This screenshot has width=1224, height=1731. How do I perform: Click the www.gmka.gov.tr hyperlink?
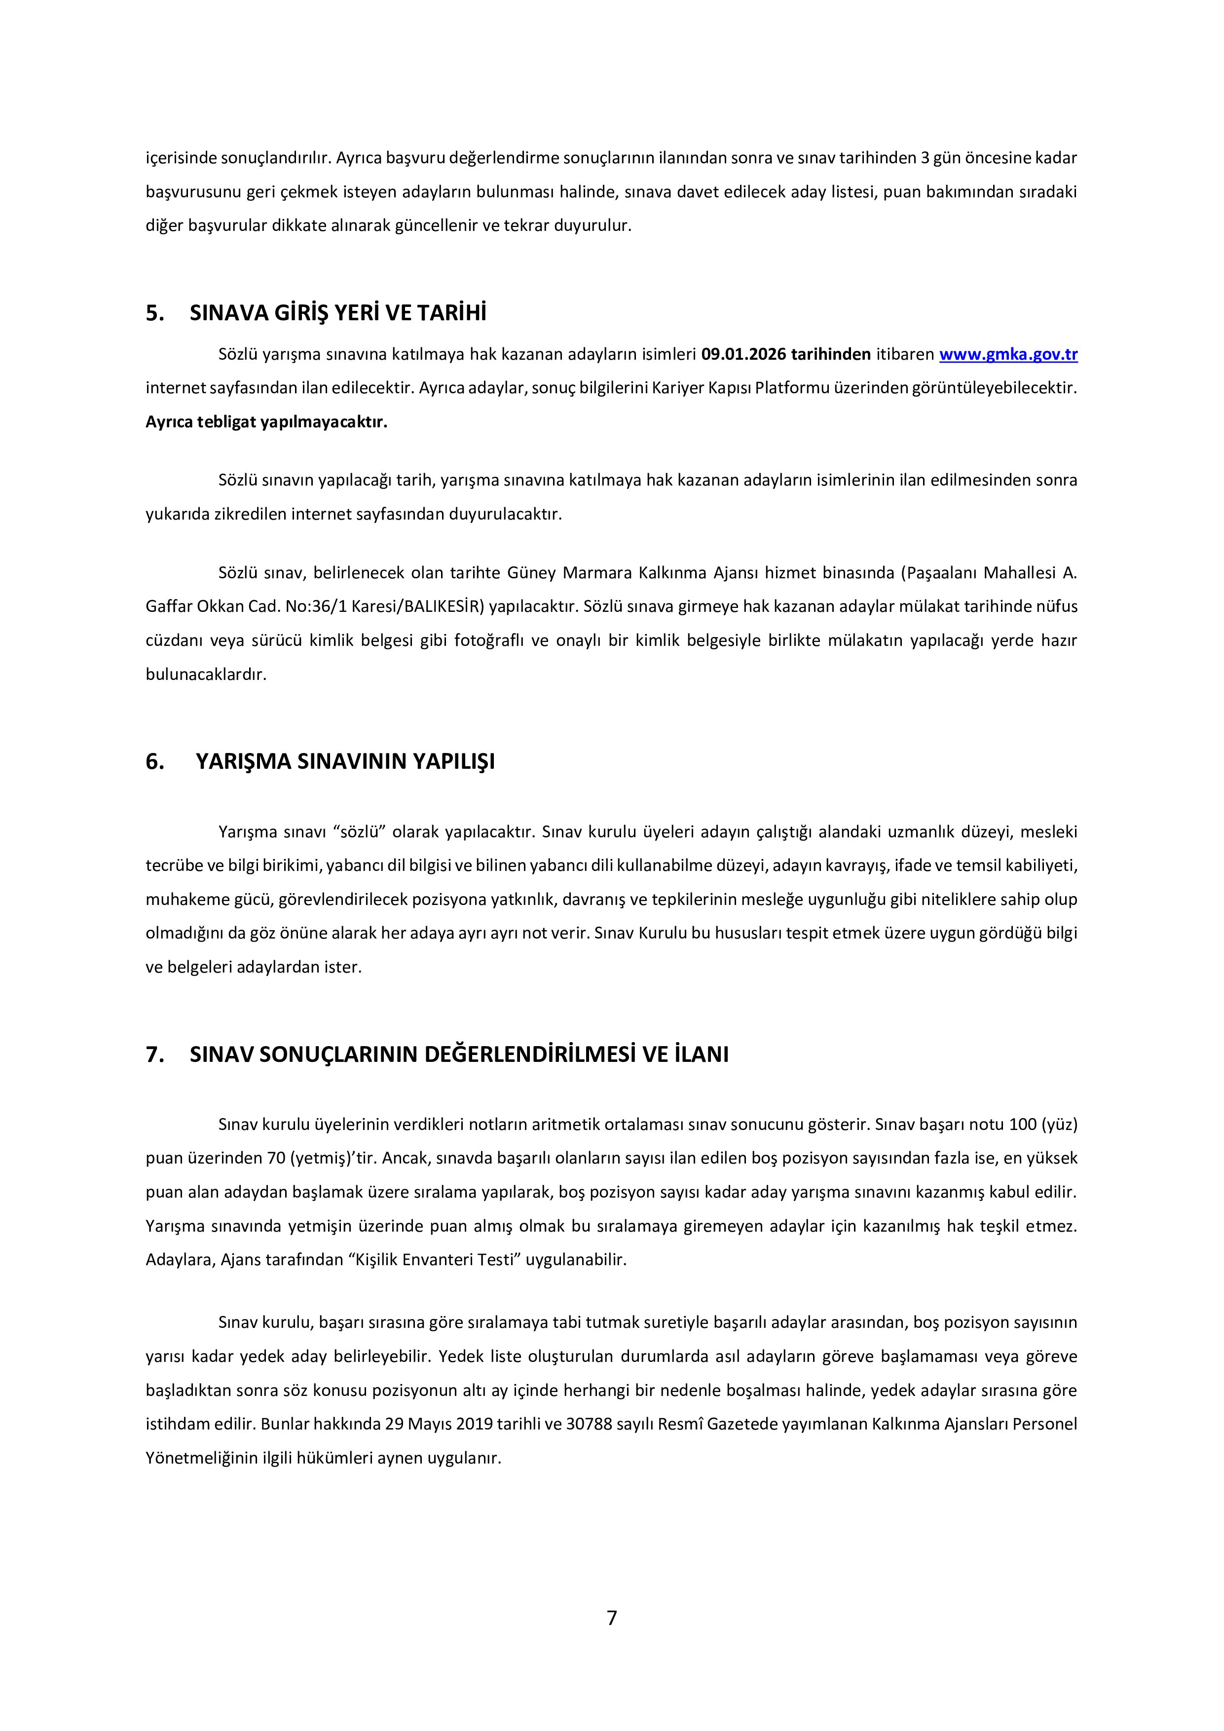[x=1008, y=354]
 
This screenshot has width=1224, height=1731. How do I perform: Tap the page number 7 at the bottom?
[x=611, y=1617]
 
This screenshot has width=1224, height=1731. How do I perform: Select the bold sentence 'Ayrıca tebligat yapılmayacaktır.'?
[x=266, y=422]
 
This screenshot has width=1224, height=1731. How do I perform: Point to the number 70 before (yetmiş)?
[x=276, y=1158]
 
